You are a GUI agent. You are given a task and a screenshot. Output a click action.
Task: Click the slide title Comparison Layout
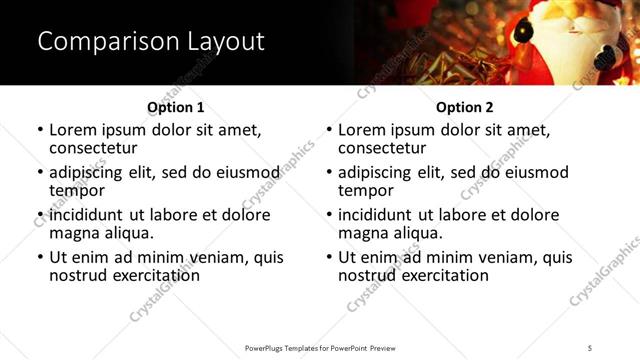(151, 41)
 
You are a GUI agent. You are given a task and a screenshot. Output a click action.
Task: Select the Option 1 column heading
(175, 107)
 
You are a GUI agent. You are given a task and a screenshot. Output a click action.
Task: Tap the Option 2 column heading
(464, 107)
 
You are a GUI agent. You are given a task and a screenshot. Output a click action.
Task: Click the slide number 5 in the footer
(590, 347)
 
